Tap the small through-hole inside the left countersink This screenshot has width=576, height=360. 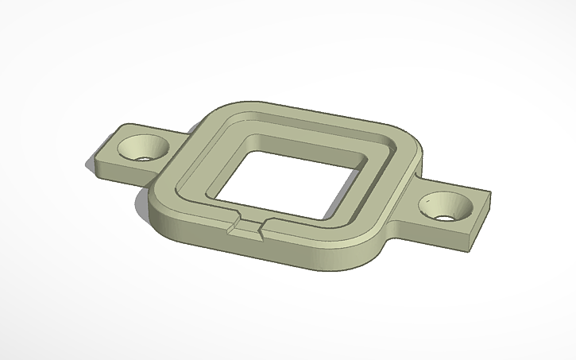(x=145, y=156)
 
